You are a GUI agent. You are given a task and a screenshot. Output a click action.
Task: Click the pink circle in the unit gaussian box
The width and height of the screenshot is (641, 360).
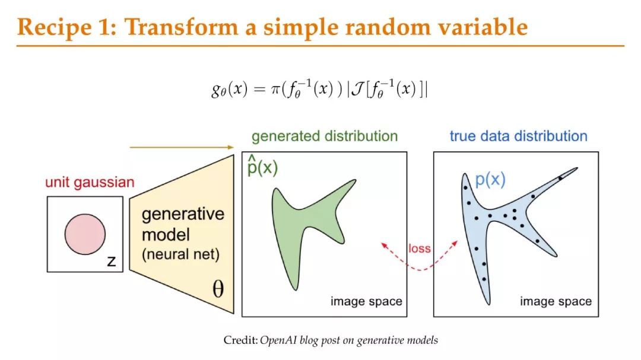tap(85, 234)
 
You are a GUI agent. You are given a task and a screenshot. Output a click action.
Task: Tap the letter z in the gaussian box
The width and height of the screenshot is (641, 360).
tap(111, 261)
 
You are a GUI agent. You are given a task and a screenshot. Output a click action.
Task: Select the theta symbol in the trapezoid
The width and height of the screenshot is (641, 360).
tap(218, 289)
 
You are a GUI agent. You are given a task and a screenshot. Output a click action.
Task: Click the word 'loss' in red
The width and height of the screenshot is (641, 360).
tap(420, 249)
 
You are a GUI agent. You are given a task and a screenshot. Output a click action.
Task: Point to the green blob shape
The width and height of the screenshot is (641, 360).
tap(303, 221)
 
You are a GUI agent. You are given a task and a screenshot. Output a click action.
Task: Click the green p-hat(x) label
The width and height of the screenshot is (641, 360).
tap(262, 165)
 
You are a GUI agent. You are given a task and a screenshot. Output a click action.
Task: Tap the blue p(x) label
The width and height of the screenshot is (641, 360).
tap(490, 179)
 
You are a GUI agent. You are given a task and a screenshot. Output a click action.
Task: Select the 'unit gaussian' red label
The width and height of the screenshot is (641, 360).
tap(90, 182)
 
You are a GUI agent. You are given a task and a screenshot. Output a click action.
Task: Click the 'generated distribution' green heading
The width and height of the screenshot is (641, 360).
tap(325, 136)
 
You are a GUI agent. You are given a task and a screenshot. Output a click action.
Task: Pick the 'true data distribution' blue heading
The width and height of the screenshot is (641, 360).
tap(518, 136)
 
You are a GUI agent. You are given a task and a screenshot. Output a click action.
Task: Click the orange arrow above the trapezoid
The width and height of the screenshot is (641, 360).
tap(182, 147)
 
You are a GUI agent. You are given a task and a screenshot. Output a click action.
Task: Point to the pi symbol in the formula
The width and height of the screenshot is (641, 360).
tap(274, 89)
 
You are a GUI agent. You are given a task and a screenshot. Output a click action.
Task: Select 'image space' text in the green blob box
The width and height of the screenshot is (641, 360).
tap(366, 301)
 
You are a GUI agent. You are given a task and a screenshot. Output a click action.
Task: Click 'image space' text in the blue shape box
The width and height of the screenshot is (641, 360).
tap(556, 301)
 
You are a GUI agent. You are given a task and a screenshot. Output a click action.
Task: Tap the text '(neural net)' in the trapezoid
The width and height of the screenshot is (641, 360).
tap(180, 254)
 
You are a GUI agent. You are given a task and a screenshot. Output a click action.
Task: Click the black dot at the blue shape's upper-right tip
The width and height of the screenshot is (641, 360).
tap(561, 177)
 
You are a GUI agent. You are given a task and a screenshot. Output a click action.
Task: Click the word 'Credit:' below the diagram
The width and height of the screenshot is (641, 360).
tap(241, 340)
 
